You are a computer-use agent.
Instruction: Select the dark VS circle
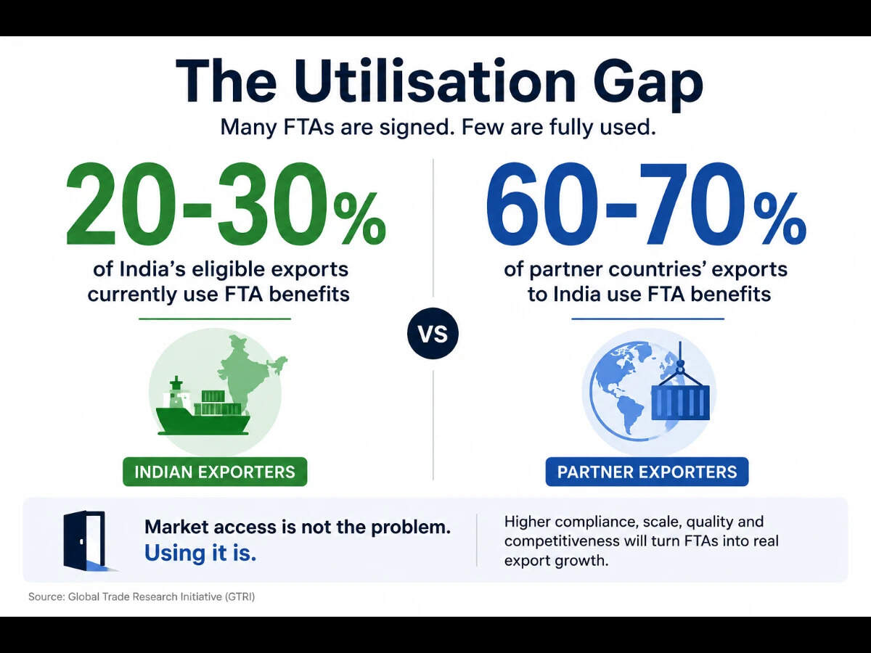[x=433, y=334]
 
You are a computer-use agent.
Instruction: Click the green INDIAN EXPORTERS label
[x=215, y=472]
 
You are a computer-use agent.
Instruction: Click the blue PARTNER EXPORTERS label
[x=647, y=472]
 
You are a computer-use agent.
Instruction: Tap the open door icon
[x=86, y=541]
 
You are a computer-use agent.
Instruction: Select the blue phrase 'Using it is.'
[x=200, y=553]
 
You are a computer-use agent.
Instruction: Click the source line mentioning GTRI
[x=142, y=596]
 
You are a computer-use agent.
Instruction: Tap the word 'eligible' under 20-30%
[x=228, y=270]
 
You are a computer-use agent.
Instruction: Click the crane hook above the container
[x=680, y=366]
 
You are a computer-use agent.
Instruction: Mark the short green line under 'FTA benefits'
[x=215, y=319]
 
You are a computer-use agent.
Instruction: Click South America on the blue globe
[x=628, y=412]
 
